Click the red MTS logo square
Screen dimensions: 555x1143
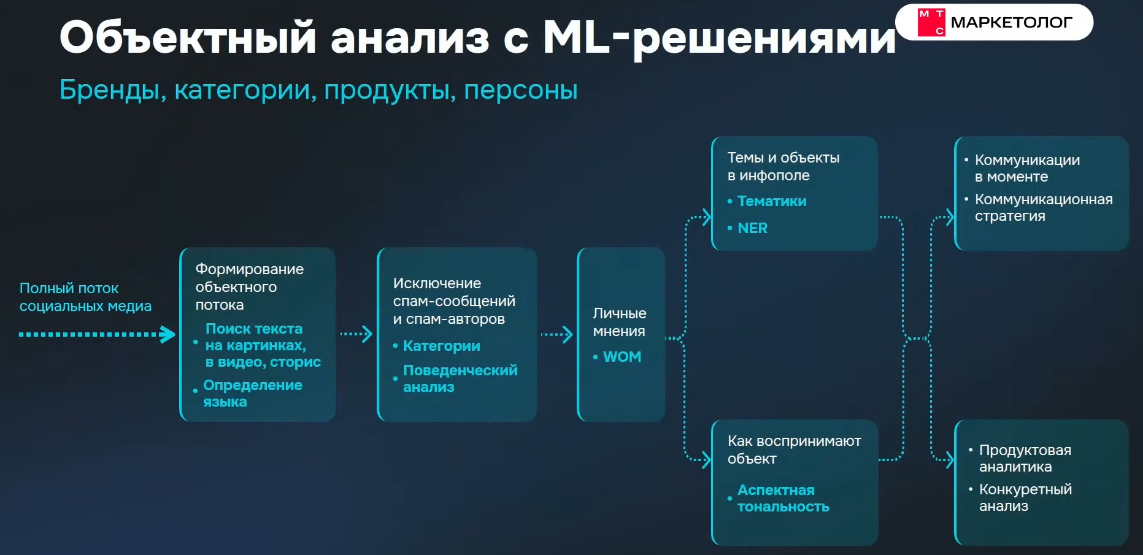click(x=931, y=23)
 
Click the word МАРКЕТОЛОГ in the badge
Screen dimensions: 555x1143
click(x=1011, y=23)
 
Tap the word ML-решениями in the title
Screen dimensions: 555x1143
click(x=719, y=38)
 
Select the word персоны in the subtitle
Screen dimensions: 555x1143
click(x=520, y=90)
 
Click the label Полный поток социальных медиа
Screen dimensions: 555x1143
click(x=85, y=297)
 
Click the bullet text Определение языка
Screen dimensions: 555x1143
click(x=252, y=393)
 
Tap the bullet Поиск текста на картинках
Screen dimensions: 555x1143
click(x=263, y=345)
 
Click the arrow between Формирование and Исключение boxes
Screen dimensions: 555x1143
click(x=356, y=334)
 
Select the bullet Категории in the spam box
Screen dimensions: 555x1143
click(x=441, y=346)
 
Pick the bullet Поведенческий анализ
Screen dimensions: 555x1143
click(x=460, y=378)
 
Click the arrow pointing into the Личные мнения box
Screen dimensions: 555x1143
click(x=556, y=334)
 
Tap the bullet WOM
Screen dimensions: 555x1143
click(x=622, y=357)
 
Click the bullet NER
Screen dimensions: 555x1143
click(x=752, y=228)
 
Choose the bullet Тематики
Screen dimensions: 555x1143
click(x=771, y=201)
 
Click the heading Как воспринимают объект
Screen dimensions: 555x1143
click(x=794, y=450)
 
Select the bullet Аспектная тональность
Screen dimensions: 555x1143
click(x=783, y=498)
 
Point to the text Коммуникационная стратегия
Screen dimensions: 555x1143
click(x=1043, y=207)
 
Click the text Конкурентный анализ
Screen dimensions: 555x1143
click(x=1025, y=497)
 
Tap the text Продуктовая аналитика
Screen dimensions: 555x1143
click(x=1025, y=458)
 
